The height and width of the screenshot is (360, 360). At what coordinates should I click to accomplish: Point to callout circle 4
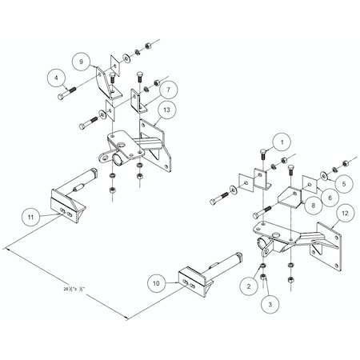click(x=56, y=78)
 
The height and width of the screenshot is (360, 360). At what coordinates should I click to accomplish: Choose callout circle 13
click(x=166, y=110)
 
